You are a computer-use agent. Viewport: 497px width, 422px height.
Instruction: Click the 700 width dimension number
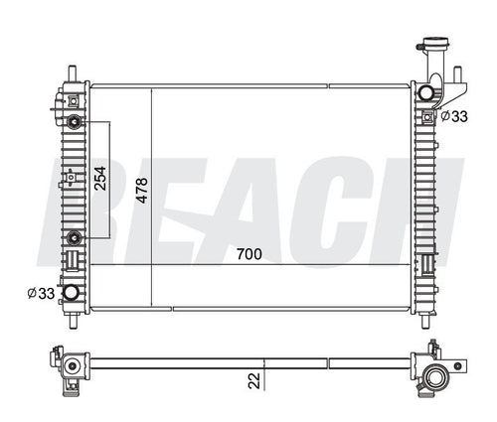[249, 255]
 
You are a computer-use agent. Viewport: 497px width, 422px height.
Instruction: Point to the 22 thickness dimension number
[254, 378]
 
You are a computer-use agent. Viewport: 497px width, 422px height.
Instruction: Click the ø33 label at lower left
[40, 292]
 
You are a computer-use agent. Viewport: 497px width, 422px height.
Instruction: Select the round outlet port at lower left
[73, 292]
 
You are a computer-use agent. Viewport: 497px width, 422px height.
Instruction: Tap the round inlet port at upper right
[426, 92]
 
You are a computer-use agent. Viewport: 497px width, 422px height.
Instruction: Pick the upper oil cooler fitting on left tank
[75, 122]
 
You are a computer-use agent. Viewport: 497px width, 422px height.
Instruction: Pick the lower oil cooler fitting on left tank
[75, 235]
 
